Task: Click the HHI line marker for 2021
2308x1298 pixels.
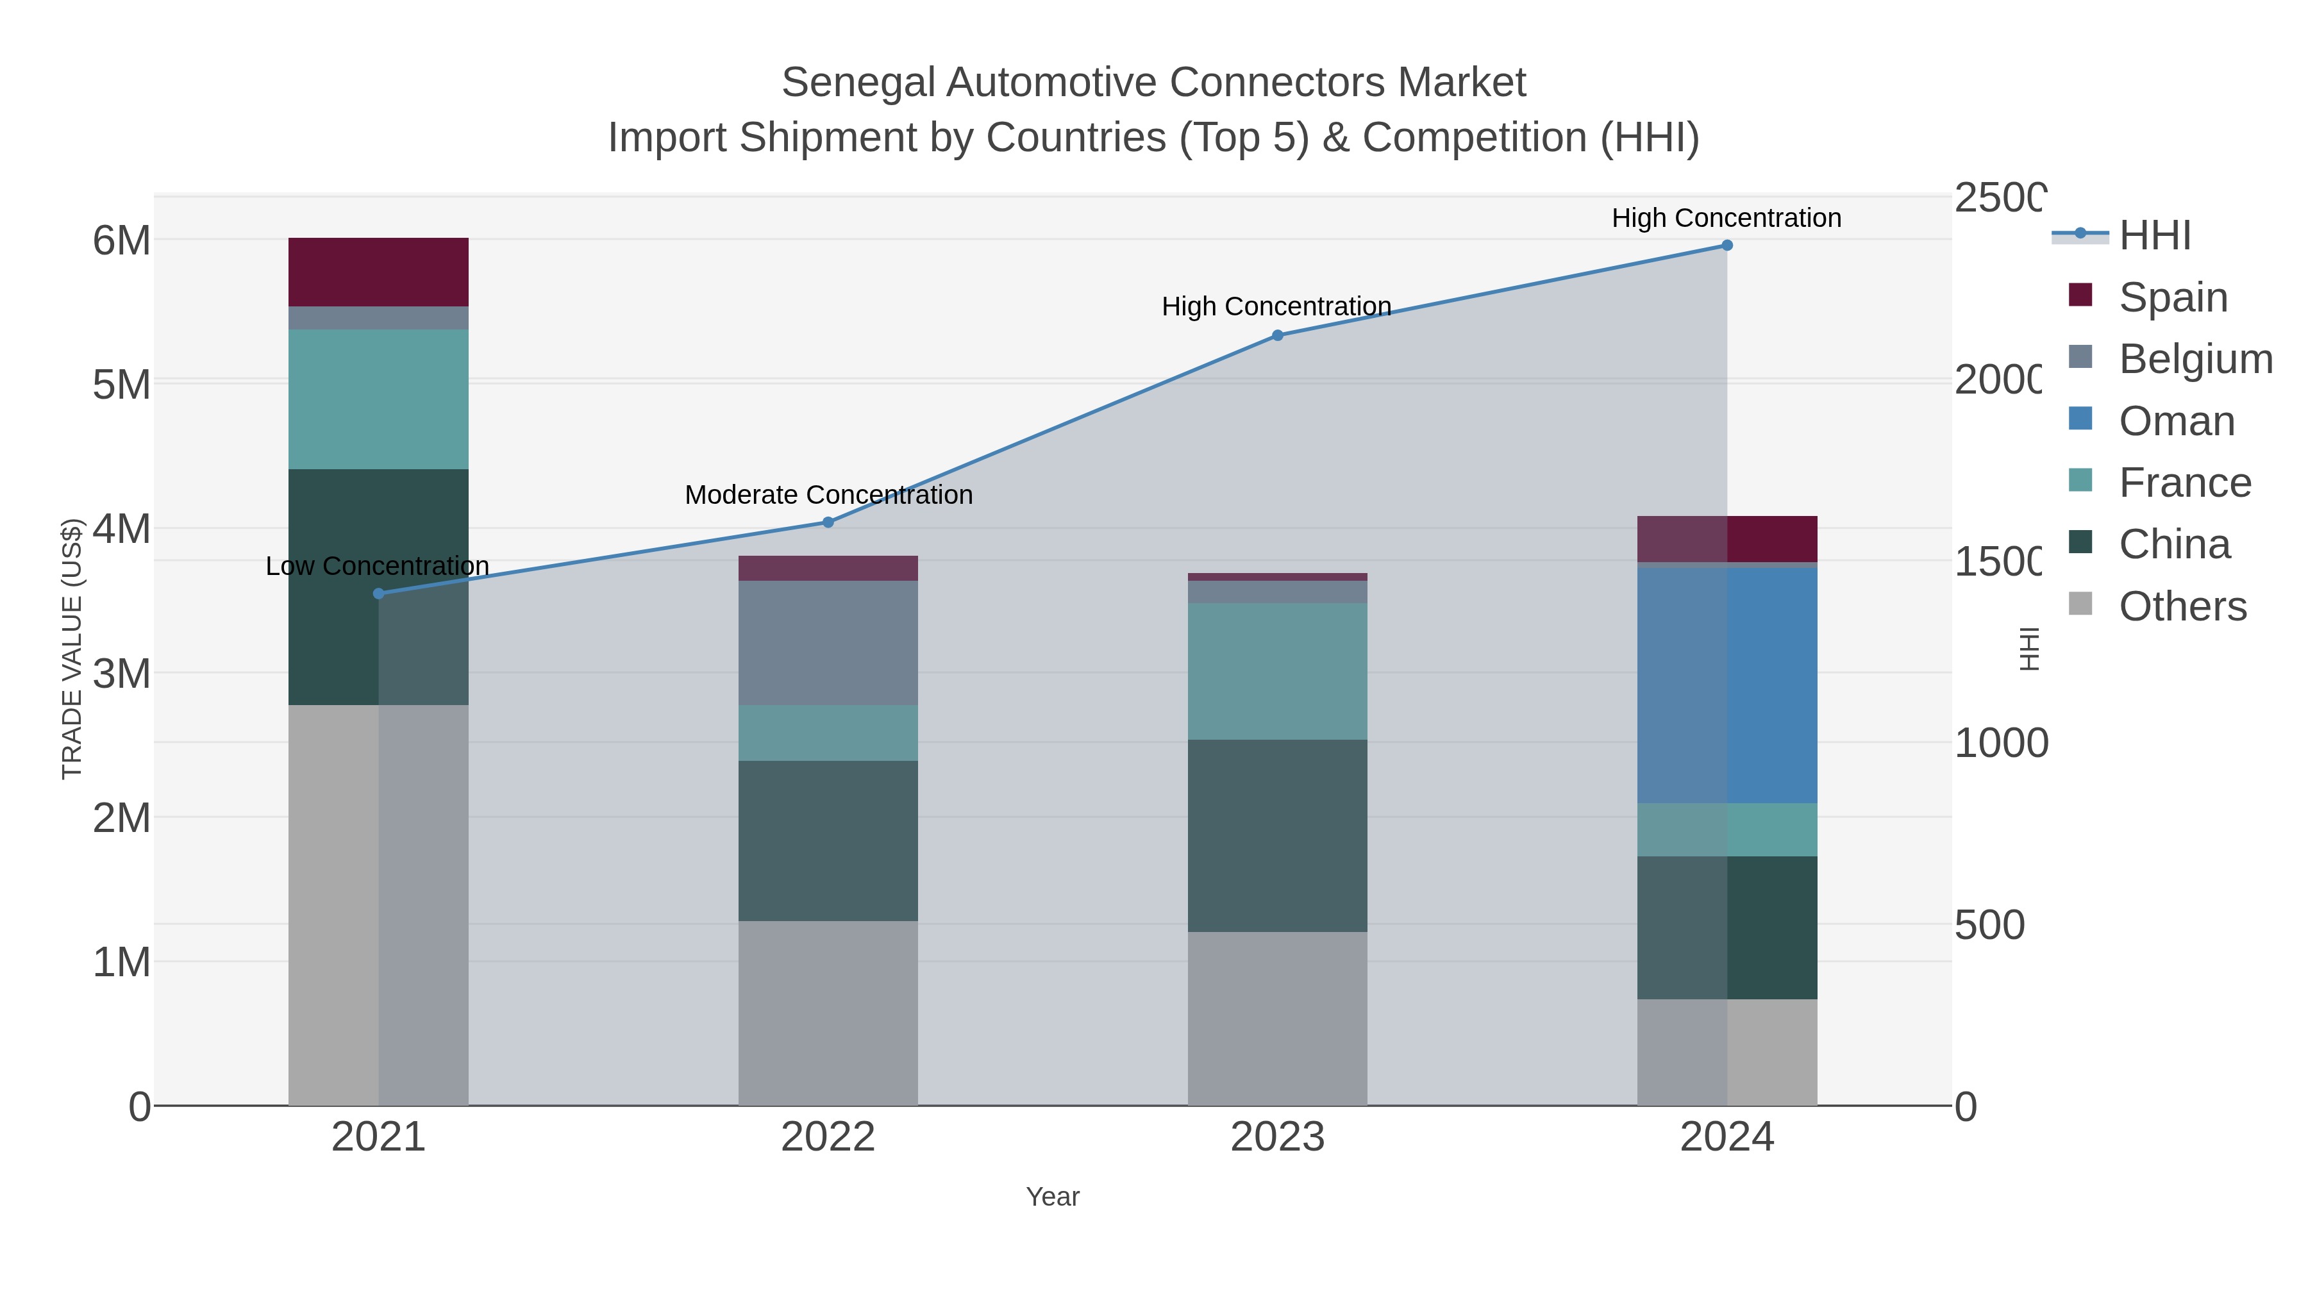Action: tap(378, 593)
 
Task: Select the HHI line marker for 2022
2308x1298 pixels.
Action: tap(828, 522)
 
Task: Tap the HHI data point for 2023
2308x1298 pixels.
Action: tap(1278, 335)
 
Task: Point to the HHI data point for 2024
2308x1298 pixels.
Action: tap(1727, 245)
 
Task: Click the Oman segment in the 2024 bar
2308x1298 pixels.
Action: tap(1727, 685)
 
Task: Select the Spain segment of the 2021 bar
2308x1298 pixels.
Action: tap(378, 272)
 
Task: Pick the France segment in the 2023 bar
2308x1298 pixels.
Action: tap(1278, 671)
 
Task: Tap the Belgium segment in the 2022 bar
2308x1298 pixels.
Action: tap(828, 642)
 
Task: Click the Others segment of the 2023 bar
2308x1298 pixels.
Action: tap(1278, 1019)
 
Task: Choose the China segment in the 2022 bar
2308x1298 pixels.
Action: tap(828, 840)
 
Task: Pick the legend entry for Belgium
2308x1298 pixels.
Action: tap(2195, 359)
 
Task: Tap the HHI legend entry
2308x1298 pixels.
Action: tap(2154, 236)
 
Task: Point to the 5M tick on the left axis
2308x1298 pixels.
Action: tap(121, 385)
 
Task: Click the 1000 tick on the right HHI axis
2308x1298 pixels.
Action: tap(2000, 743)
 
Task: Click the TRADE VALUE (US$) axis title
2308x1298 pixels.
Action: tap(72, 649)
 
